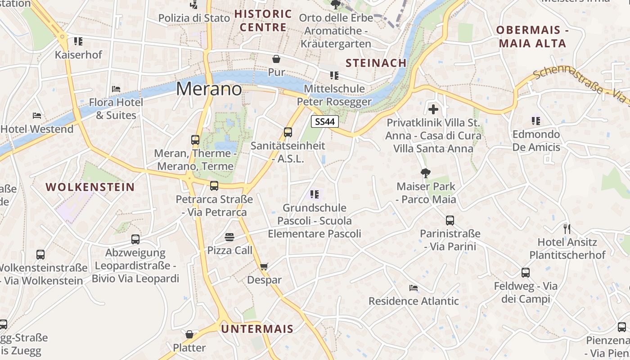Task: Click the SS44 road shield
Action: [324, 121]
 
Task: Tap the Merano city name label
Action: [209, 89]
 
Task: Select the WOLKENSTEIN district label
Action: [90, 187]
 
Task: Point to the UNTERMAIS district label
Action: [257, 329]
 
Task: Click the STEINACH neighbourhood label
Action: [376, 63]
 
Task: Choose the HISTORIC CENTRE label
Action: [263, 21]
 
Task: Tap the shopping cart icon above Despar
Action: [264, 266]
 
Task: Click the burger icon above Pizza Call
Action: [229, 237]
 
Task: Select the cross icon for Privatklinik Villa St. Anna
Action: [433, 109]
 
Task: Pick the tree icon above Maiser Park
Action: [425, 173]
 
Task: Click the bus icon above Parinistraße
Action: [450, 220]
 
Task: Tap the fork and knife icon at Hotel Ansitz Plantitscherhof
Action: [567, 229]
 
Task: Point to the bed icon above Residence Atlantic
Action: [413, 288]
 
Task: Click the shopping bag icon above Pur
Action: [276, 59]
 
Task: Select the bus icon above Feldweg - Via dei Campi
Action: [526, 272]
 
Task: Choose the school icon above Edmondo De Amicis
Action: [535, 121]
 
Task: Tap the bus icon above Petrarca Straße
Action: [214, 185]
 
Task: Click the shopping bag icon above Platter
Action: [189, 334]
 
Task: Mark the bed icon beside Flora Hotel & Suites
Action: [116, 89]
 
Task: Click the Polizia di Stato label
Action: [194, 18]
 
